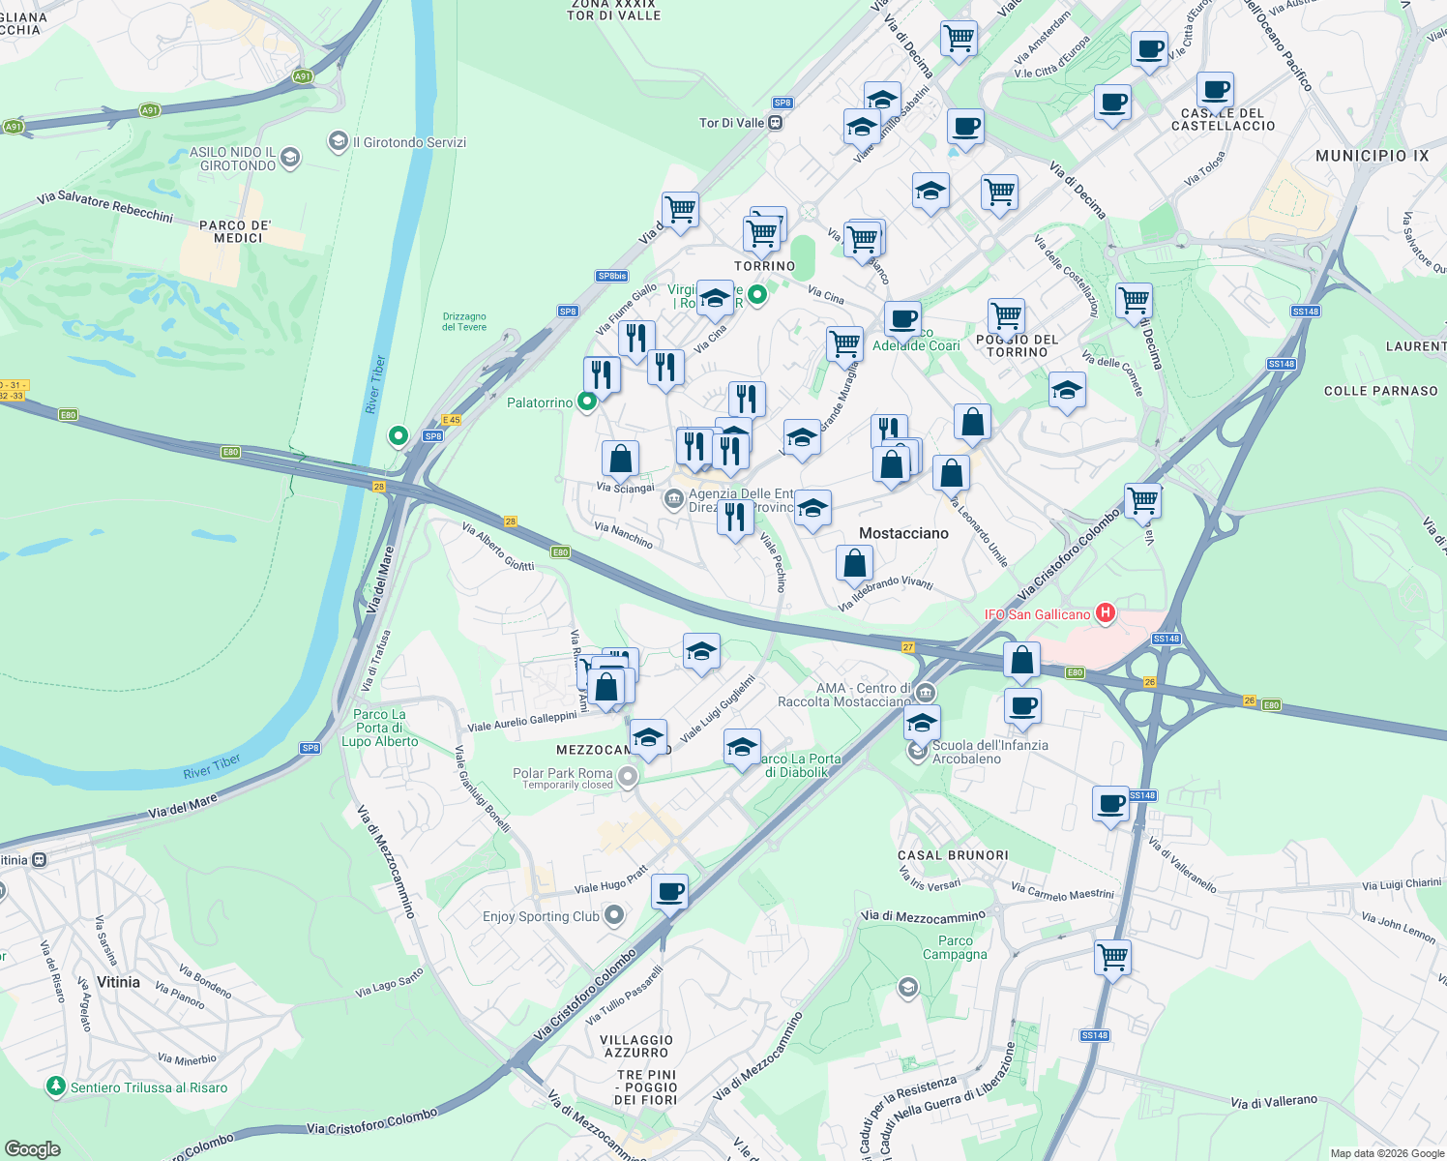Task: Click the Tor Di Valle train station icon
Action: point(775,123)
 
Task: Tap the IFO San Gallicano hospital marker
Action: point(1106,613)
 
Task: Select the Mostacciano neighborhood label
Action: point(903,533)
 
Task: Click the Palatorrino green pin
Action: point(586,402)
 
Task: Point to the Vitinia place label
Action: point(118,982)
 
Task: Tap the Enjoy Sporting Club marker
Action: point(613,915)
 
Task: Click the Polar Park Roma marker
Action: point(628,776)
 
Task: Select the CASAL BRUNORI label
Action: point(953,855)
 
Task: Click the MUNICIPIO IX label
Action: point(1372,156)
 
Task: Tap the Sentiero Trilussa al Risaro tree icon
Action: point(56,1087)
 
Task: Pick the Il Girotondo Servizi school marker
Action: point(338,141)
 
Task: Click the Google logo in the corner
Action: point(33,1149)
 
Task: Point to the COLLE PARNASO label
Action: point(1380,391)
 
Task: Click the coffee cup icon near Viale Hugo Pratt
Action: point(669,891)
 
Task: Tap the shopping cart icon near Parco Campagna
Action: point(1112,958)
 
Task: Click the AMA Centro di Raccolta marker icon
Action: point(926,693)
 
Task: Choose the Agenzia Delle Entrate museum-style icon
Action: point(673,500)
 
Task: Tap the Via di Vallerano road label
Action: point(1274,1101)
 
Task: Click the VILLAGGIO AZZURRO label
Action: point(636,1046)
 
